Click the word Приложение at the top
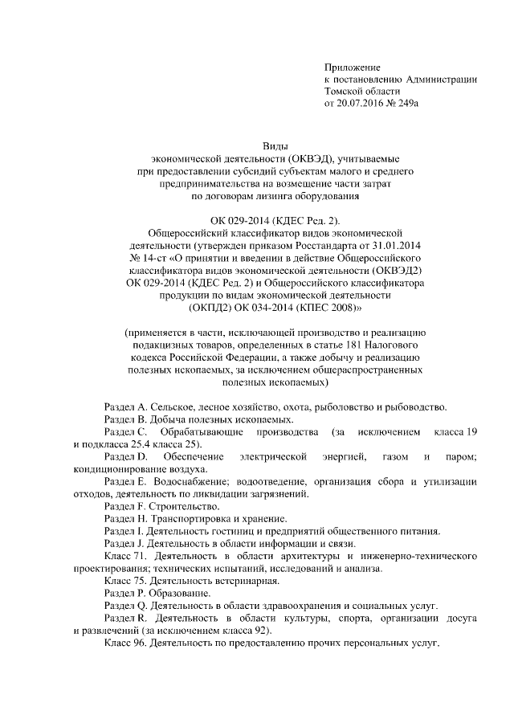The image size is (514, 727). pos(353,67)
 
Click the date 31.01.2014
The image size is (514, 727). pos(387,243)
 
